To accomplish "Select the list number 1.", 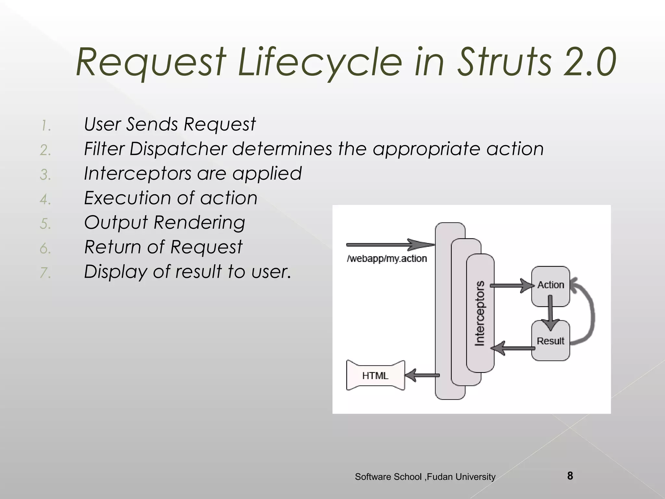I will pos(46,126).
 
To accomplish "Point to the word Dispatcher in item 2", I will pos(178,149).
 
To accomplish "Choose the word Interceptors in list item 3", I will pos(137,173).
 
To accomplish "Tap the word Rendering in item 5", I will pos(199,223).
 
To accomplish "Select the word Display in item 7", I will pos(115,272).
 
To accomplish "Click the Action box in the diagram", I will pos(550,285).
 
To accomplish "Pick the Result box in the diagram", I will pos(550,341).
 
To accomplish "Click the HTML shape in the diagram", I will pos(375,376).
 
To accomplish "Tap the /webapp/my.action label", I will pos(387,259).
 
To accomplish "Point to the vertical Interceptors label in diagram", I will pos(480,313).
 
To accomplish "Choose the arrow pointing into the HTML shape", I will pos(422,376).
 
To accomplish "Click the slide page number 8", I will pos(570,476).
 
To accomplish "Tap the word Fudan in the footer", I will pos(440,477).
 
